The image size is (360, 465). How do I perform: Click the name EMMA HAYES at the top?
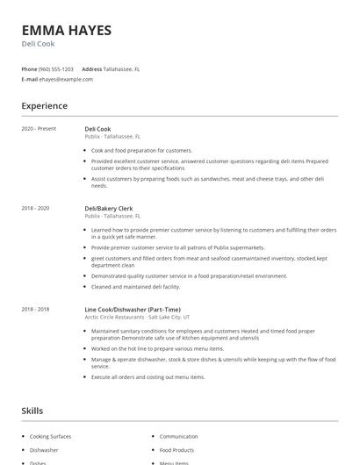pyautogui.click(x=67, y=30)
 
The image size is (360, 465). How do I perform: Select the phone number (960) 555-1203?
pyautogui.click(x=56, y=68)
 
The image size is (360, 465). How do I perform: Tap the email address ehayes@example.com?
pyautogui.click(x=66, y=79)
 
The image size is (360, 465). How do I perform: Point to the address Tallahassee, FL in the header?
pyautogui.click(x=122, y=68)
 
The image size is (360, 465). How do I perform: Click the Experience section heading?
pyautogui.click(x=44, y=106)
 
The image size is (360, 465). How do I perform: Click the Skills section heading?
pyautogui.click(x=32, y=411)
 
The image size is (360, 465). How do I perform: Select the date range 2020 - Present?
pyautogui.click(x=39, y=129)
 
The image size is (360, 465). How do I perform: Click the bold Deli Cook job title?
pyautogui.click(x=97, y=129)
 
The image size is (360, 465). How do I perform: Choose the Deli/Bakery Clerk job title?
pyautogui.click(x=108, y=208)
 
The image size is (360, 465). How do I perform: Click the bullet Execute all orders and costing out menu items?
pyautogui.click(x=148, y=376)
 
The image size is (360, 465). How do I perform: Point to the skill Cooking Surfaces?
pyautogui.click(x=50, y=436)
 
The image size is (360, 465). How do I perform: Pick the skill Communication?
pyautogui.click(x=178, y=436)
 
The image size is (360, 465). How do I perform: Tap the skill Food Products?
pyautogui.click(x=177, y=449)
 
